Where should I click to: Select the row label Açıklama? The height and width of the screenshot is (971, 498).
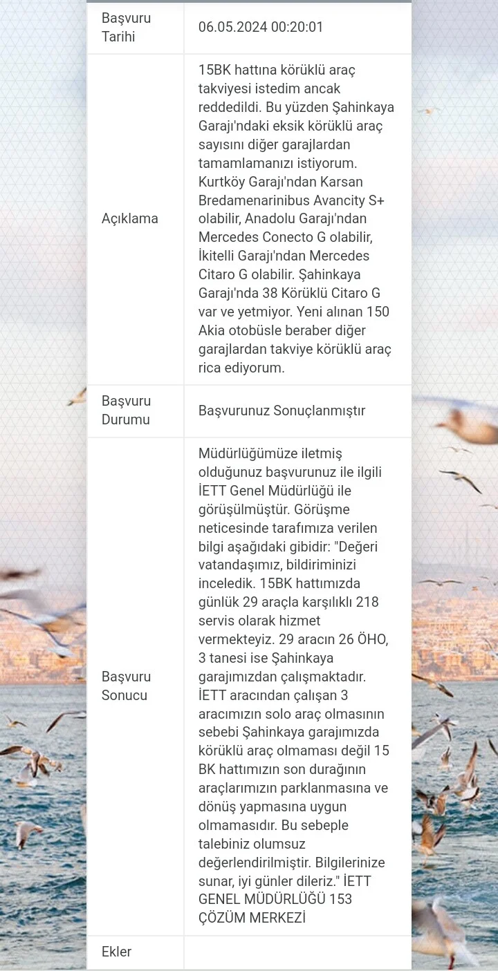[130, 218]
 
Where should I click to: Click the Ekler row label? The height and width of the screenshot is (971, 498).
[116, 952]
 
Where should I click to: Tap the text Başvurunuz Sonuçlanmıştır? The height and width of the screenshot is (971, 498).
[282, 411]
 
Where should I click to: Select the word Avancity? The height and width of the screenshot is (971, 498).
[338, 200]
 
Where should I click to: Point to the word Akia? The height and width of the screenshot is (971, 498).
[212, 330]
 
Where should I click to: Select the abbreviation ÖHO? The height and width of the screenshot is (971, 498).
[371, 639]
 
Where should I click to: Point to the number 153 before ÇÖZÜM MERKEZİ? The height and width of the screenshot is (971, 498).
[340, 899]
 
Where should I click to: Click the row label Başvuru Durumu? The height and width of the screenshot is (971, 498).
[126, 411]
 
